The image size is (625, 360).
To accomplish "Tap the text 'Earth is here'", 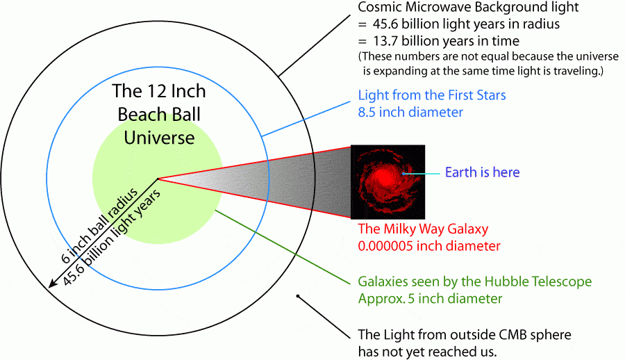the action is tap(482, 172).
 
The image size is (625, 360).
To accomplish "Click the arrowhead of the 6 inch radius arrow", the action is tap(51, 284).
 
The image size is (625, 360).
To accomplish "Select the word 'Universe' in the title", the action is tap(159, 138).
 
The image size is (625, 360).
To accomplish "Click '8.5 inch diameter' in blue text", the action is tap(410, 112).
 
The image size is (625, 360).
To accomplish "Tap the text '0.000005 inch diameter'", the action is tap(429, 245).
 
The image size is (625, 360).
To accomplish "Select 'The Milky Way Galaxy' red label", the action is tap(423, 229).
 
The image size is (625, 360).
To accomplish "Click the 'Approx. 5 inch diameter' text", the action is tap(430, 299).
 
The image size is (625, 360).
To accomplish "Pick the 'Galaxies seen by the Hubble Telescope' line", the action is tap(475, 282).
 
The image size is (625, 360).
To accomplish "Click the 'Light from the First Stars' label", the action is tap(432, 95).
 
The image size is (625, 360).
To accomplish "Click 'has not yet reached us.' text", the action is tap(427, 352).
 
